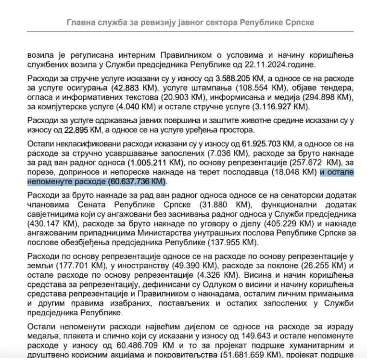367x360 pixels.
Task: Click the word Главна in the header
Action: (x=81, y=23)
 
